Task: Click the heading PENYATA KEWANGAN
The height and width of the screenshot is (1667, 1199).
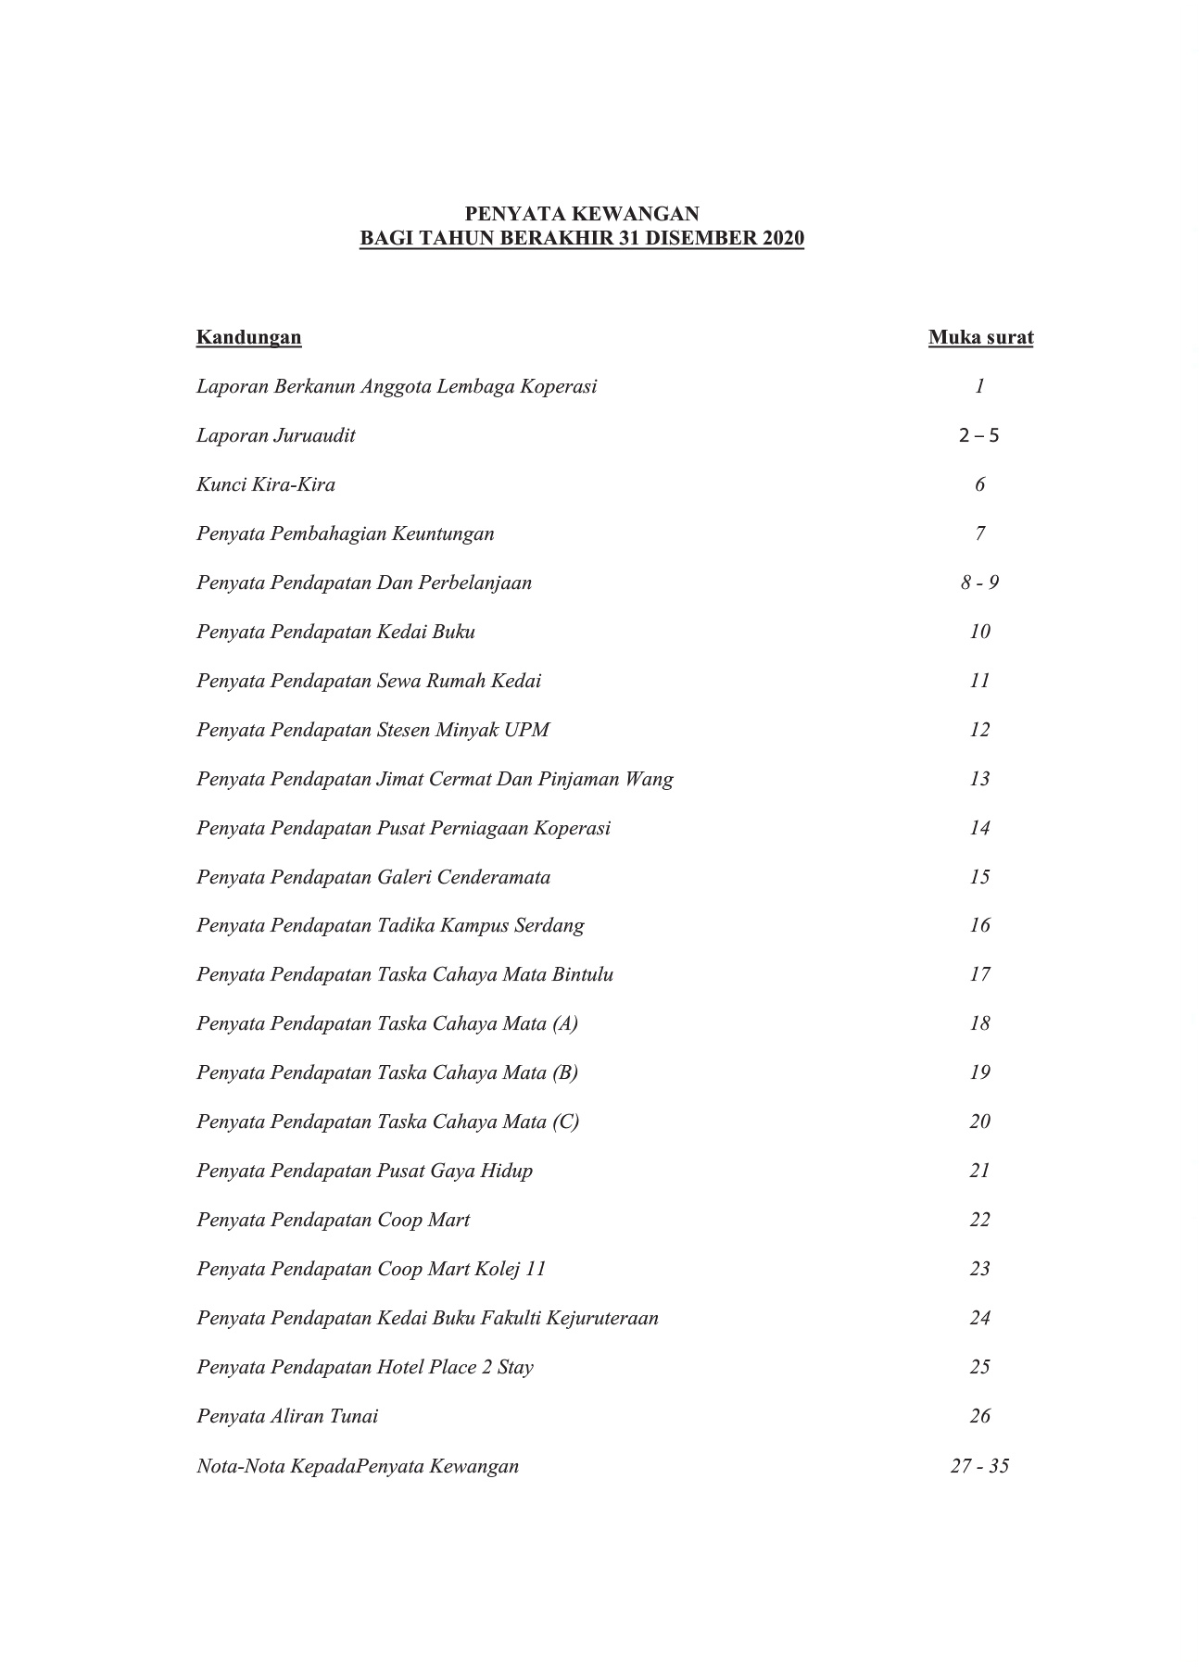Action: [581, 214]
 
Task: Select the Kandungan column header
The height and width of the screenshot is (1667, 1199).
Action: [248, 337]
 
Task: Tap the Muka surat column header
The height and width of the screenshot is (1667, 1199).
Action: [980, 337]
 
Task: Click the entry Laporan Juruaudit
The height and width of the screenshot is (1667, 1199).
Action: [275, 435]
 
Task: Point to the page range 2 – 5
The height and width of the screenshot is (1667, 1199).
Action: [979, 435]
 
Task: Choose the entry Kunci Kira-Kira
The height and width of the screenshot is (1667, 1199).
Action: [266, 484]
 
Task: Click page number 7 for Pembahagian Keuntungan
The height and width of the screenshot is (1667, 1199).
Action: [979, 533]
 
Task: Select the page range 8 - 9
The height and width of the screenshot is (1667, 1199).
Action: [979, 583]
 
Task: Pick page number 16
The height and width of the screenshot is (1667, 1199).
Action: [979, 925]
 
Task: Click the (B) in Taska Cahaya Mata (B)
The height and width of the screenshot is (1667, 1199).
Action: [564, 1072]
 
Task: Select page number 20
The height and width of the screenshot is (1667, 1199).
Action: [979, 1122]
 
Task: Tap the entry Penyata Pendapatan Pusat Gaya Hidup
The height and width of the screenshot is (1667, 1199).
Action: [364, 1171]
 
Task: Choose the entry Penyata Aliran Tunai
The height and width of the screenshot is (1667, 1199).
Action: [287, 1416]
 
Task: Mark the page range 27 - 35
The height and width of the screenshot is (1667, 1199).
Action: [979, 1466]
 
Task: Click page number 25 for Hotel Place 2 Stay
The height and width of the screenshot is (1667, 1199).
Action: [979, 1367]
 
